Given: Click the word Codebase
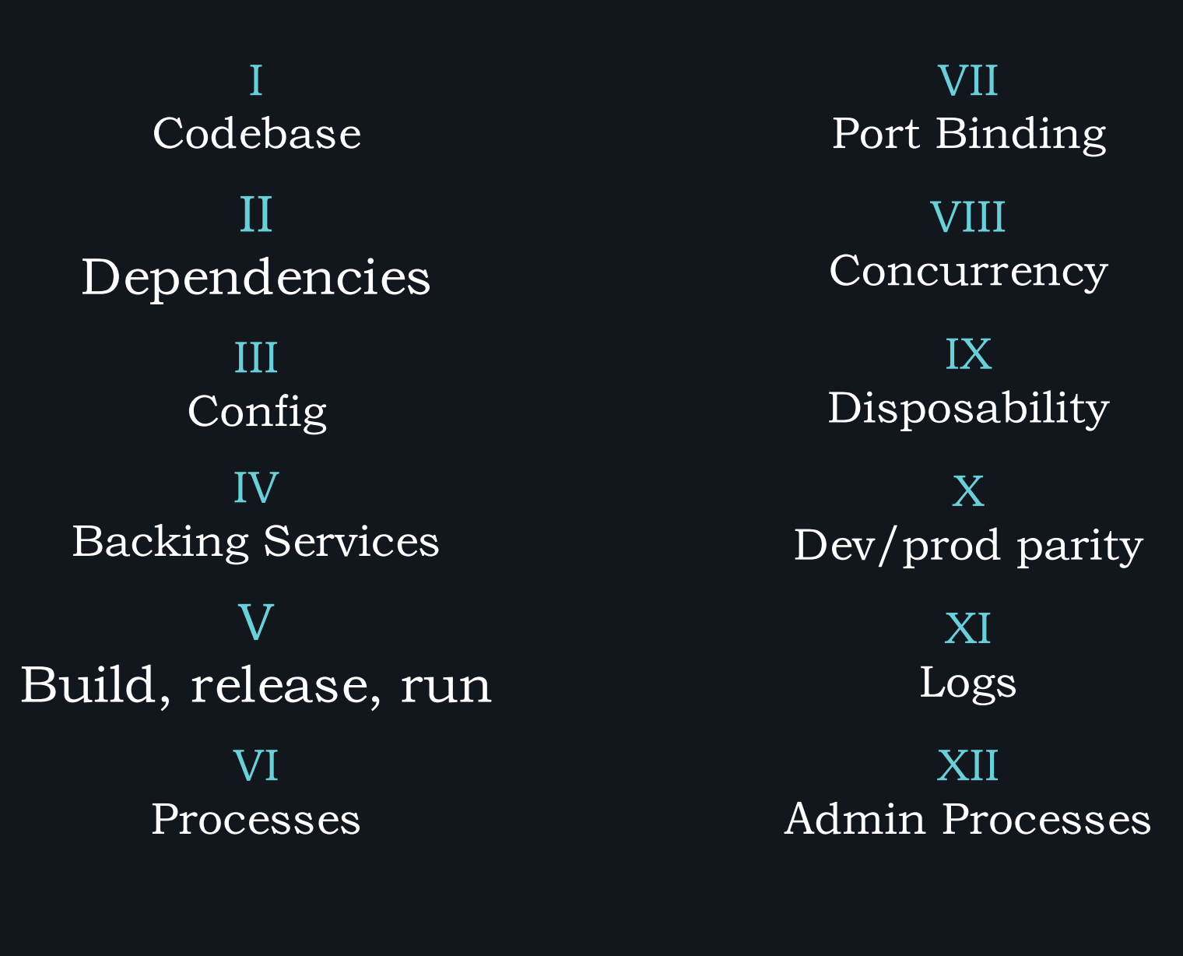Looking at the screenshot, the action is [257, 134].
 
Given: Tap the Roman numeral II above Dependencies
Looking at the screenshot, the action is [256, 214].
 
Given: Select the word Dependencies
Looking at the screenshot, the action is [256, 278].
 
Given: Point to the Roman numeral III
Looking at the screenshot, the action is [256, 357].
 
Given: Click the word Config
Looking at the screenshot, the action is [257, 412].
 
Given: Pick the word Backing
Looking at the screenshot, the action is [160, 543].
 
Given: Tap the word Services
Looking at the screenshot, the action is [351, 542].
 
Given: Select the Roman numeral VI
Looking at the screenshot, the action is [256, 765].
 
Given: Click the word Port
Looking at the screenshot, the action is [876, 134].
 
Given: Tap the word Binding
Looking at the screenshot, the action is [1021, 135].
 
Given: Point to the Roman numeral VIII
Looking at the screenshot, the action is [968, 216].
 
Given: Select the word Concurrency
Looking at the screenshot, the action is [969, 272].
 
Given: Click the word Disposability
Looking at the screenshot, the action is [969, 409].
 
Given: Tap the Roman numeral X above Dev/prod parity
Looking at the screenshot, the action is [968, 491].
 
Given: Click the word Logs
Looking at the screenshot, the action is [968, 684].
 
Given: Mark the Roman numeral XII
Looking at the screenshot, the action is [968, 765].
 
